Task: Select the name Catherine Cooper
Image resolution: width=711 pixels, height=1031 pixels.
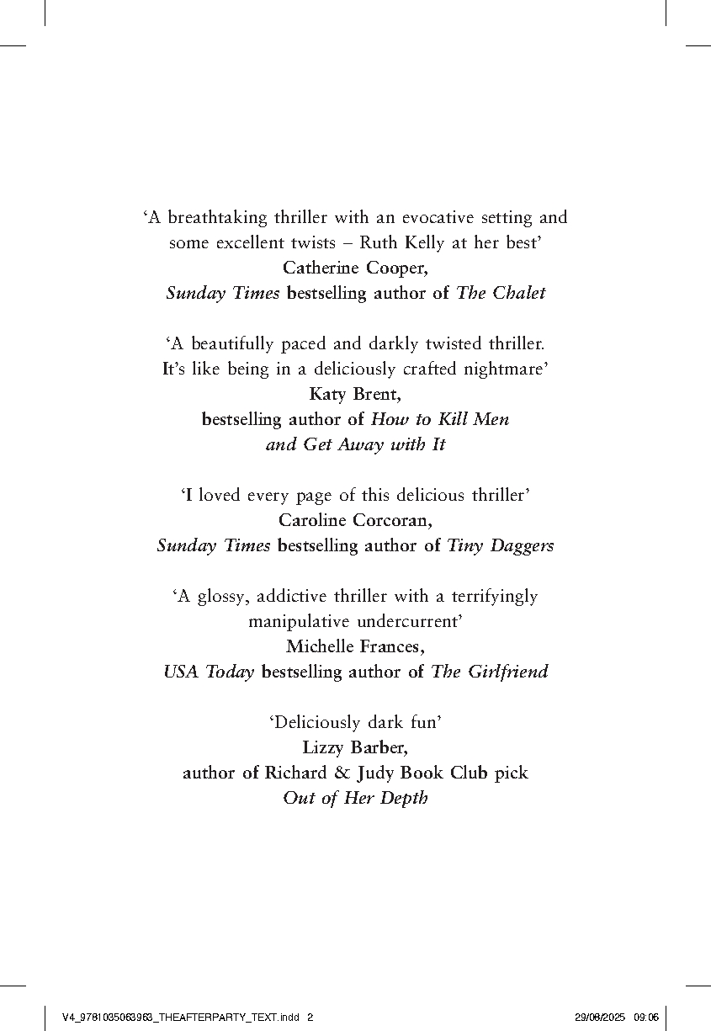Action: point(355,268)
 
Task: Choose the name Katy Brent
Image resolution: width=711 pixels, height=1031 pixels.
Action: point(355,395)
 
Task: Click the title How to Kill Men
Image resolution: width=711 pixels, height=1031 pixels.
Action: point(440,420)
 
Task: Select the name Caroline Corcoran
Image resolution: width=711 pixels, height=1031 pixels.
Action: point(355,521)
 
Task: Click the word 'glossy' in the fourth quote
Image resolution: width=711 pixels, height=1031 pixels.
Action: point(223,597)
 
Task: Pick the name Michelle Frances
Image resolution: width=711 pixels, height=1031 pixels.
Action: point(355,647)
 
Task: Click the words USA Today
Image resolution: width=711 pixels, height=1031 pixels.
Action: point(209,672)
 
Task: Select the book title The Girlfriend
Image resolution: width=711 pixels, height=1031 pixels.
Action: point(490,672)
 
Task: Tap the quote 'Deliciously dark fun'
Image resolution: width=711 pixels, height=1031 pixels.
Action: point(355,723)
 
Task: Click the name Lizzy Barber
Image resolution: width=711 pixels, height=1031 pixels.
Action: point(355,748)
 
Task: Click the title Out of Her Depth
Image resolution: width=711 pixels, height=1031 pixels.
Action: point(355,799)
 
